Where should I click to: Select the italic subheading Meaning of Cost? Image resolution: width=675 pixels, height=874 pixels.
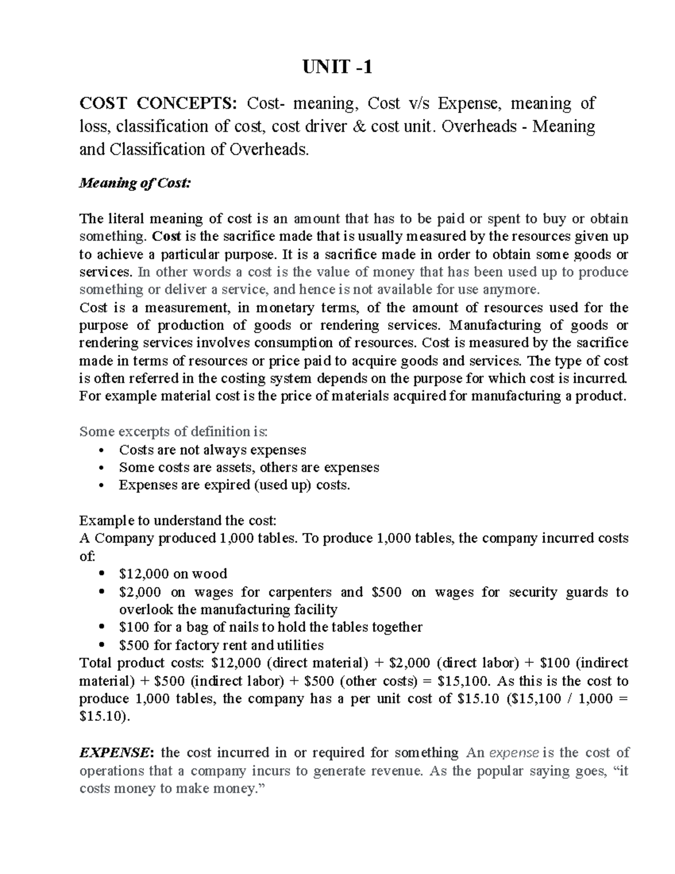pyautogui.click(x=135, y=183)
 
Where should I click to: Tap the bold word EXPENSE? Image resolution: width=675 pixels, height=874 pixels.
pyautogui.click(x=115, y=752)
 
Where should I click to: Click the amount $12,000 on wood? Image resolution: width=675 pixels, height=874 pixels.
pyautogui.click(x=143, y=574)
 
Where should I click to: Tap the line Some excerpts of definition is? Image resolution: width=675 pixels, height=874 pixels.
pyautogui.click(x=174, y=432)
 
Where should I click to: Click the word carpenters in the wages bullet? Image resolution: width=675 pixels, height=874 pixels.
pyautogui.click(x=300, y=592)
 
